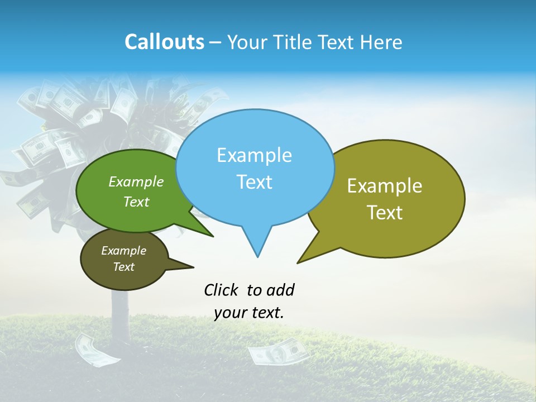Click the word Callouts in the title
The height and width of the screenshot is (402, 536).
coord(164,42)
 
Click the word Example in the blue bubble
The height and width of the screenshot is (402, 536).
coord(255,155)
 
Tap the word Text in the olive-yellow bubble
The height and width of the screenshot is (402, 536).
coord(385,212)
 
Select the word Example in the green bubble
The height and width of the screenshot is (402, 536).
coord(136,182)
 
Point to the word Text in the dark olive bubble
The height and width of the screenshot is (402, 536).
coord(124,267)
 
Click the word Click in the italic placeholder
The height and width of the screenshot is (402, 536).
coord(222,290)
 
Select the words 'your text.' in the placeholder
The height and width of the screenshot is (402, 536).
coord(249,313)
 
